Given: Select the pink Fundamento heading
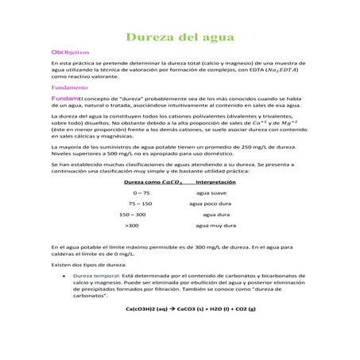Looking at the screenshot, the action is pos(66,86).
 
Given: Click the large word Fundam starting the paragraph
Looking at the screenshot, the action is pos(64,96).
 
